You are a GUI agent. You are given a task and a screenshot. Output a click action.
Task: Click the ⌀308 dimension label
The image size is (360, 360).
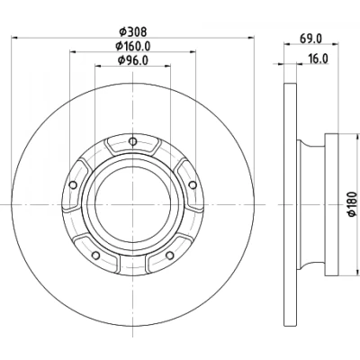pyautogui.click(x=132, y=31)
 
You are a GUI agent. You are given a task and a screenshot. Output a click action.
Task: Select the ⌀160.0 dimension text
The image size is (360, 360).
pyautogui.click(x=133, y=46)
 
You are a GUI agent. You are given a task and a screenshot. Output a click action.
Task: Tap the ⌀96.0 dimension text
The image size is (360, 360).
pyautogui.click(x=133, y=60)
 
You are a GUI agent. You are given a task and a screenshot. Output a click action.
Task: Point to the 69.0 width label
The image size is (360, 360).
pyautogui.click(x=310, y=39)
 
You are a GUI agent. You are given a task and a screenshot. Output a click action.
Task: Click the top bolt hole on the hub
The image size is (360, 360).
pyautogui.click(x=132, y=141)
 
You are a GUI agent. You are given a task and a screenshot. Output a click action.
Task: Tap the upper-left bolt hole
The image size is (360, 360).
pyautogui.click(x=73, y=185)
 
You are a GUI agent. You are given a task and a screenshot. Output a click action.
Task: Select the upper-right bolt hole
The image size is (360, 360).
pyautogui.click(x=193, y=185)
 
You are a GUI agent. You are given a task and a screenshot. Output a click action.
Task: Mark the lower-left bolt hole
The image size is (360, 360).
pyautogui.click(x=95, y=256)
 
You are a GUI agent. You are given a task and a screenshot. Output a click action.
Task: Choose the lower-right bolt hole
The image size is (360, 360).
pyautogui.click(x=170, y=256)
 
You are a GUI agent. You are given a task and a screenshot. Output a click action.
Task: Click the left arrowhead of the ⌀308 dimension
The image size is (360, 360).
pyautogui.click(x=14, y=38)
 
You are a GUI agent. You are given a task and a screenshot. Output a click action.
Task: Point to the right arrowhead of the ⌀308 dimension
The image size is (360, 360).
pyautogui.click(x=251, y=38)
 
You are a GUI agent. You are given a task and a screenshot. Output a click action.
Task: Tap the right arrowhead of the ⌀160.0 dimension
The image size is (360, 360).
pyautogui.click(x=193, y=52)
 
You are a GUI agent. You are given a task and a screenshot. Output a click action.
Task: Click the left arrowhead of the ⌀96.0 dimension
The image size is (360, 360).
pyautogui.click(x=99, y=66)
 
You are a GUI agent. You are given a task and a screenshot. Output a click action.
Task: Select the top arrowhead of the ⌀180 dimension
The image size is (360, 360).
pyautogui.click(x=357, y=138)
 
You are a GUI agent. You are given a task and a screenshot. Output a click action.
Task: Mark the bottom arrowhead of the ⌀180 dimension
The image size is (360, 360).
pyautogui.click(x=357, y=271)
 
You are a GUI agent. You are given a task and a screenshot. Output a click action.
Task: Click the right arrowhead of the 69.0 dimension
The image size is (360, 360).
pyautogui.click(x=335, y=44)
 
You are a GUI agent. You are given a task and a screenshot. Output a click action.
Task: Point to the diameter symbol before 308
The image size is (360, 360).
pyautogui.click(x=122, y=31)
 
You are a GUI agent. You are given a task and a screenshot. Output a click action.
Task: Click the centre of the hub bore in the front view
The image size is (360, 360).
pyautogui.click(x=132, y=204)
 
